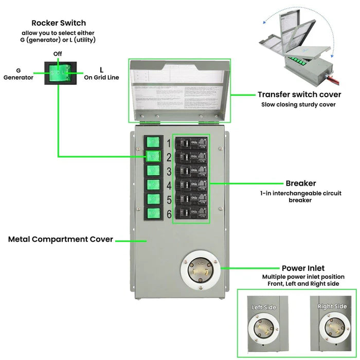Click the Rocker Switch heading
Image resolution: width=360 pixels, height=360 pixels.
click(x=59, y=23)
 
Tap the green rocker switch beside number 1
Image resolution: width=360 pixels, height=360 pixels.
click(x=152, y=142)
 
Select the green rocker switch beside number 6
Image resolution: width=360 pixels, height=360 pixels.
click(x=152, y=213)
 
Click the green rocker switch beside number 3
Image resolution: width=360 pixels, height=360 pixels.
click(x=152, y=170)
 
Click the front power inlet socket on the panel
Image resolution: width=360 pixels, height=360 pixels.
click(x=201, y=269)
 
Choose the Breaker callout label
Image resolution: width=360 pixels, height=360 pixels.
click(x=300, y=183)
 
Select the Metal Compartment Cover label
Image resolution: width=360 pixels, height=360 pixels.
click(x=61, y=239)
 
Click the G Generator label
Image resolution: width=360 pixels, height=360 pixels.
click(x=19, y=74)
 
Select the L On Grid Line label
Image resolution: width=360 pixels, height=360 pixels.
click(x=101, y=74)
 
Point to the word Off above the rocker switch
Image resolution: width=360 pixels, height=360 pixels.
click(x=58, y=53)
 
